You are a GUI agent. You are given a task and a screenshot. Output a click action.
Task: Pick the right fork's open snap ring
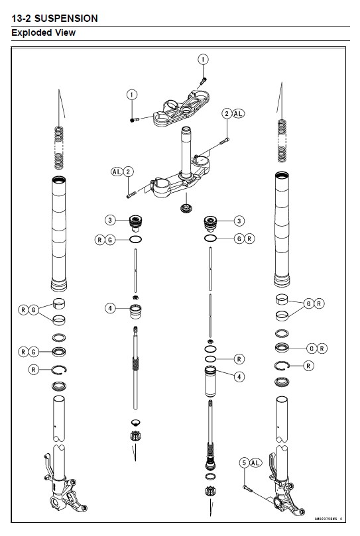281,366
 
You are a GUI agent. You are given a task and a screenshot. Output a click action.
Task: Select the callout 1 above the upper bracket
204,60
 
